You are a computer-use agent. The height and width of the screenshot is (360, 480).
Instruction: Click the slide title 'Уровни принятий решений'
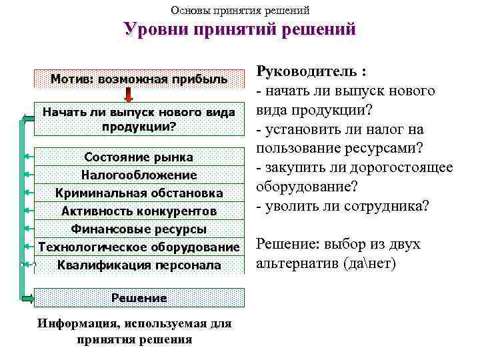tap(240, 31)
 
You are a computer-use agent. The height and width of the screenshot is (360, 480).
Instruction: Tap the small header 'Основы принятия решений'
tap(240, 10)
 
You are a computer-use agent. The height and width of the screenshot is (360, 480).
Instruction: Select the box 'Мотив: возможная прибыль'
tap(139, 79)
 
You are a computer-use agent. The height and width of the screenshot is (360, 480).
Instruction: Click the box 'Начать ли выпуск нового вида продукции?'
tap(139, 119)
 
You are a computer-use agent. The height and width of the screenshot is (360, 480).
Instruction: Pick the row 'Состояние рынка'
tap(139, 157)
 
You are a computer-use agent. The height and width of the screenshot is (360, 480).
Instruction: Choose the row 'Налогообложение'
tap(139, 175)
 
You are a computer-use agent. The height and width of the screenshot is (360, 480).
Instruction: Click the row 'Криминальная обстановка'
tap(139, 193)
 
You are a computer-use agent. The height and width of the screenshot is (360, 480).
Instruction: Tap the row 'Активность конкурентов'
tap(139, 211)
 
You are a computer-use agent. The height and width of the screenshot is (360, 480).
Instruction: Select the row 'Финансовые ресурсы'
tap(139, 229)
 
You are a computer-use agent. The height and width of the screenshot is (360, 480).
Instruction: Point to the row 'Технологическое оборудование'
tap(139, 247)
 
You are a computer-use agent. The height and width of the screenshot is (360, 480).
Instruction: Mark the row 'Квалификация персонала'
tap(139, 265)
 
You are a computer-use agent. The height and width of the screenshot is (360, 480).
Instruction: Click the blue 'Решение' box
tap(139, 297)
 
